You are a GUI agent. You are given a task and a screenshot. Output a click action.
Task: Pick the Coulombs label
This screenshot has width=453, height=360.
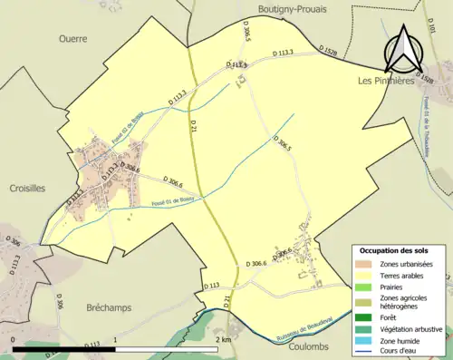(308, 346)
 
